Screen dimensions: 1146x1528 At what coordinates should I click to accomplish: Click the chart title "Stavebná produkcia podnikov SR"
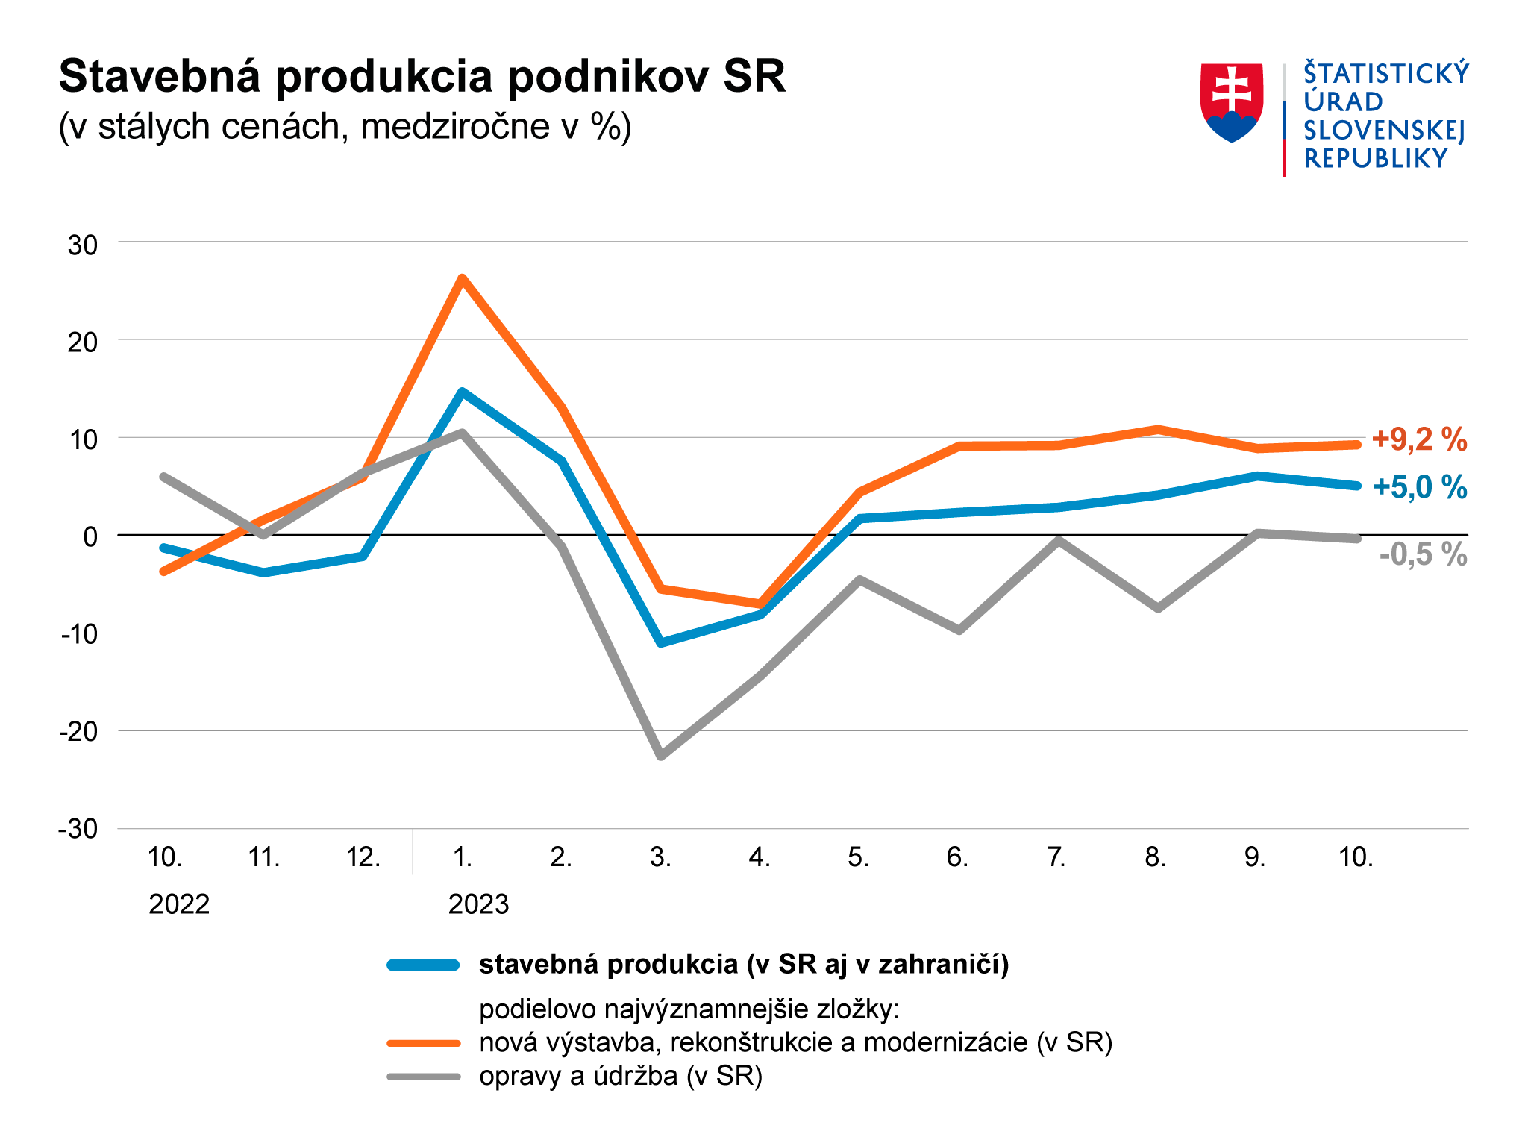coord(422,76)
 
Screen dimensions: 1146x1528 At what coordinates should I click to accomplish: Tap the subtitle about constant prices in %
coord(345,127)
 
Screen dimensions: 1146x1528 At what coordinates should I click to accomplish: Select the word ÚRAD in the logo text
coord(1343,101)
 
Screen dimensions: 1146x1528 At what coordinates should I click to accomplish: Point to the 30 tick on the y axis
coord(83,245)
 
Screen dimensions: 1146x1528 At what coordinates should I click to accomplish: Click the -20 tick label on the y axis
coord(79,731)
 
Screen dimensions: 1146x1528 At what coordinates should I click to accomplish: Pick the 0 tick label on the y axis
coord(90,536)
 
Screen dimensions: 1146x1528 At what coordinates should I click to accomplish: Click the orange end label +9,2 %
coord(1419,439)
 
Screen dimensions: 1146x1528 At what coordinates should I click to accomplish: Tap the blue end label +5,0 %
coord(1419,487)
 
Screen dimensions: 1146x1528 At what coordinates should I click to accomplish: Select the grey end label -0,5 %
coord(1423,554)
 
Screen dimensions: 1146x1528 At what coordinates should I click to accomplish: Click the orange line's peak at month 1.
coord(463,279)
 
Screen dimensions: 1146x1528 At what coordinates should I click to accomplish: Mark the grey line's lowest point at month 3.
coord(661,756)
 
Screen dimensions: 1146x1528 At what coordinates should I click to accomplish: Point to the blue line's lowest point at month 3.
coord(661,642)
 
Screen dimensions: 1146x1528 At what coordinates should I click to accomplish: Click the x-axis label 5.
coord(858,857)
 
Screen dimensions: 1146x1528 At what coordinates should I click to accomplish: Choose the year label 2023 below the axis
coord(478,904)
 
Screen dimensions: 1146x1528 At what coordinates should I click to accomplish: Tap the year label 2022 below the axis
coord(179,904)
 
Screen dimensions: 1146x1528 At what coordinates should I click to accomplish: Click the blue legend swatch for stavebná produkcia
coord(423,965)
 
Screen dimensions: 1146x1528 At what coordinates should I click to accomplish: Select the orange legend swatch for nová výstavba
coord(423,1042)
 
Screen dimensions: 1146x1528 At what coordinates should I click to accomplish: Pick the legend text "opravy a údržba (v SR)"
coord(621,1076)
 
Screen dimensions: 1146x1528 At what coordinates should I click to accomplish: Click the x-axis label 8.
coord(1156,857)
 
